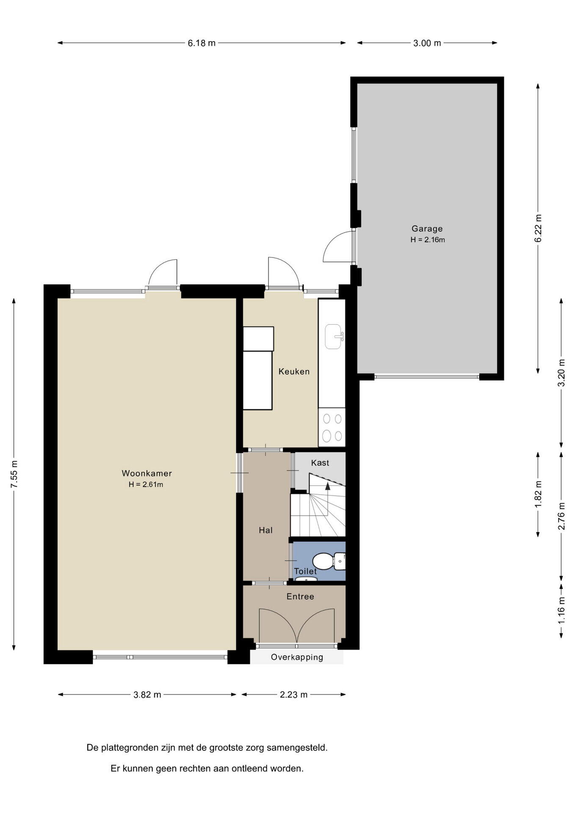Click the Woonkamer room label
click(x=147, y=473)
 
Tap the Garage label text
click(x=427, y=229)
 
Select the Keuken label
click(x=294, y=371)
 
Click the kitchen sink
click(x=334, y=337)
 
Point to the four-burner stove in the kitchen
click(x=332, y=427)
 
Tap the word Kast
click(x=320, y=463)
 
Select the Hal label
click(x=265, y=530)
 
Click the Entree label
click(x=300, y=597)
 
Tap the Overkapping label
click(x=297, y=657)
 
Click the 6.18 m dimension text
click(x=202, y=43)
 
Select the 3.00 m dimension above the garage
click(x=427, y=43)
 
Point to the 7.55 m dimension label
click(x=14, y=474)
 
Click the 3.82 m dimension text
click(x=147, y=695)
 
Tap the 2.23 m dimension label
click(x=293, y=695)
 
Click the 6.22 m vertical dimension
click(x=538, y=229)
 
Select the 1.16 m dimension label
click(x=561, y=610)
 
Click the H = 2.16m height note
click(x=428, y=240)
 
